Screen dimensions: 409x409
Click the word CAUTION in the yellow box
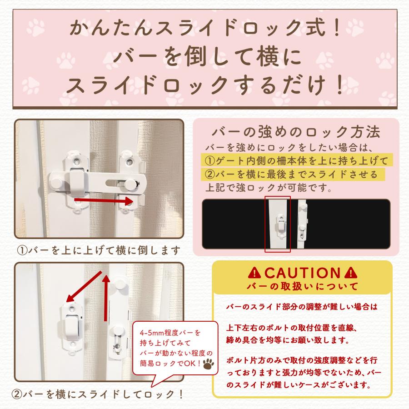coord(303,274)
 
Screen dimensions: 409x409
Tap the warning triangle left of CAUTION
coord(254,273)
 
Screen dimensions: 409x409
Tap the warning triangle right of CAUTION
coord(350,273)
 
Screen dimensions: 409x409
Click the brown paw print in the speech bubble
coord(208,364)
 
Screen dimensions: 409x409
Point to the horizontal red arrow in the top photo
coord(104,201)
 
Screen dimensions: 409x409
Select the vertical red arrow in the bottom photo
coord(105,298)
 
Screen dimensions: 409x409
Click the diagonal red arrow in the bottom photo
coord(84,286)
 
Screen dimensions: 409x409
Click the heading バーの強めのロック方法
coord(296,132)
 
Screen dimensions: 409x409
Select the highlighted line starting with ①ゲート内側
coord(297,161)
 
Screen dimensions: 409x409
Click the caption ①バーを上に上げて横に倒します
coord(99,250)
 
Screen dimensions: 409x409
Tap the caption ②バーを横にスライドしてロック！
coord(98,394)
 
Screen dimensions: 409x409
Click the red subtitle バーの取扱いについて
coord(302,286)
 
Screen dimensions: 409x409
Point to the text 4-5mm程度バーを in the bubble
coord(170,333)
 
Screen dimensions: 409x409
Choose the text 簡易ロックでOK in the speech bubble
coord(170,363)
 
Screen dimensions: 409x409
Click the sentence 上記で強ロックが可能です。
coord(269,188)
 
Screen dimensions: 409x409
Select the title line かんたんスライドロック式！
coord(205,28)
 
